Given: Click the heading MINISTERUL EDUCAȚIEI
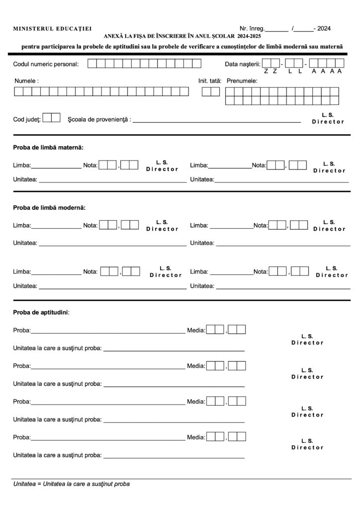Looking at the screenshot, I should (52, 29).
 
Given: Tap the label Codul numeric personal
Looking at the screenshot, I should (46, 64).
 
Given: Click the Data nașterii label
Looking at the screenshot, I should (242, 64).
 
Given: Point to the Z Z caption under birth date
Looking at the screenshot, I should (270, 72).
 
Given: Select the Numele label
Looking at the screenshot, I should (27, 80).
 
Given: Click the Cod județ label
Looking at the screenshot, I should (27, 120).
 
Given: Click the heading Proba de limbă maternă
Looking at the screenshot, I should (48, 148).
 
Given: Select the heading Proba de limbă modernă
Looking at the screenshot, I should (49, 207).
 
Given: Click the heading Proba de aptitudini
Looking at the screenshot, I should (41, 313).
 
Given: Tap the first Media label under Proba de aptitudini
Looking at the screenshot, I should (196, 330).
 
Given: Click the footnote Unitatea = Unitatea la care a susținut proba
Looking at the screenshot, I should (72, 484).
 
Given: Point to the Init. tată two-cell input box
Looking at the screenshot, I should (211, 91).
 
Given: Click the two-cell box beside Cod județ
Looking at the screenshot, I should (52, 118).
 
